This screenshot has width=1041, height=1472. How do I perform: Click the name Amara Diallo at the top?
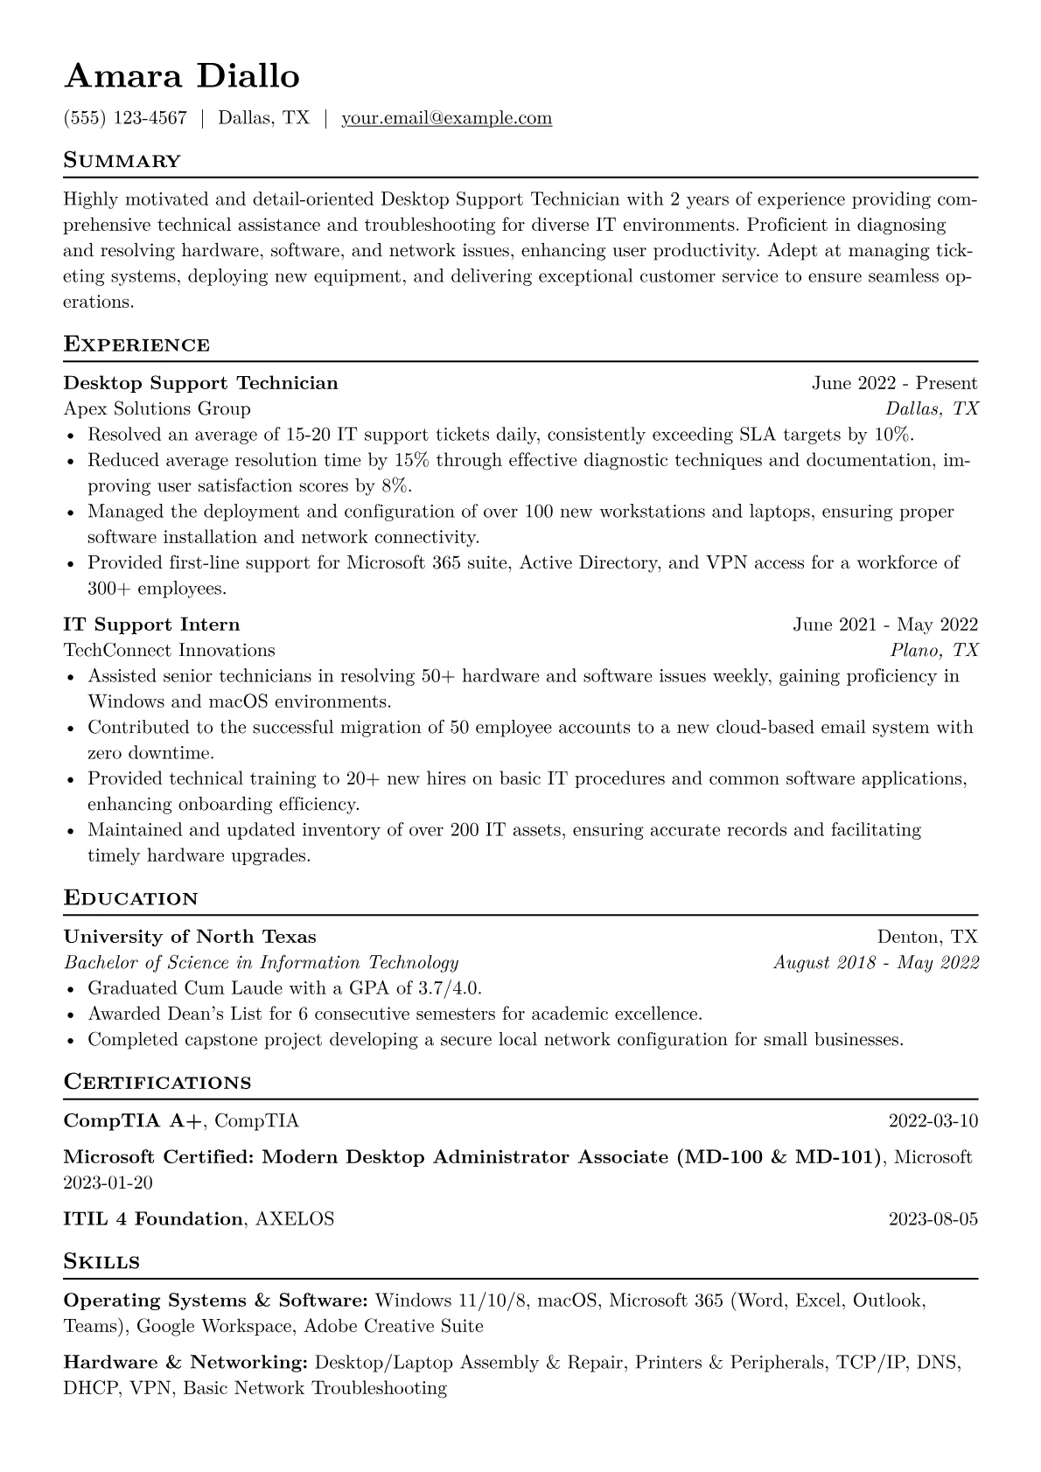coord(182,77)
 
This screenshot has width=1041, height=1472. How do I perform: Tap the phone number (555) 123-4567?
coord(125,118)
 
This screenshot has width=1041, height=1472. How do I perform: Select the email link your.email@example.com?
coord(446,118)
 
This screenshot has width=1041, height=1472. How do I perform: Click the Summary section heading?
coord(122,161)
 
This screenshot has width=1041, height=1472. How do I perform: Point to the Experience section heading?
coord(136,345)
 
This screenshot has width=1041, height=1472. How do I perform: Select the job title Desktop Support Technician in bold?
coord(200,383)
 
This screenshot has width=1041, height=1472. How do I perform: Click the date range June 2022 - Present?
coord(894,383)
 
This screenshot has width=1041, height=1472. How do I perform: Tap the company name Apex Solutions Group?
coord(157,408)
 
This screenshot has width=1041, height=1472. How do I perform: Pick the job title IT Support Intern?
coord(151,624)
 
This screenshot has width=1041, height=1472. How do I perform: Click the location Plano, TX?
coord(934,650)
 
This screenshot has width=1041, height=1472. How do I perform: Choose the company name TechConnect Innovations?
coord(169,650)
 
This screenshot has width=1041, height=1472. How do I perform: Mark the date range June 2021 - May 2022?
coord(885,624)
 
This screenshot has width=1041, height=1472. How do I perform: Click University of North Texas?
coord(190,937)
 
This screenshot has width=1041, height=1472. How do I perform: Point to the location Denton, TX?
coord(927,937)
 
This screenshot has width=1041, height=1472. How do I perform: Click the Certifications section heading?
coord(157,1083)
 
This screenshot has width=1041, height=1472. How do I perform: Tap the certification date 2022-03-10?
coord(933,1121)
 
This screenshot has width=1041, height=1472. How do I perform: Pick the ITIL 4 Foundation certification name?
coord(153,1219)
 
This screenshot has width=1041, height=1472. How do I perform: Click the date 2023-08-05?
coord(933,1219)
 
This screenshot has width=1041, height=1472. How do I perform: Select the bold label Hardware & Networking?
coord(185,1363)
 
